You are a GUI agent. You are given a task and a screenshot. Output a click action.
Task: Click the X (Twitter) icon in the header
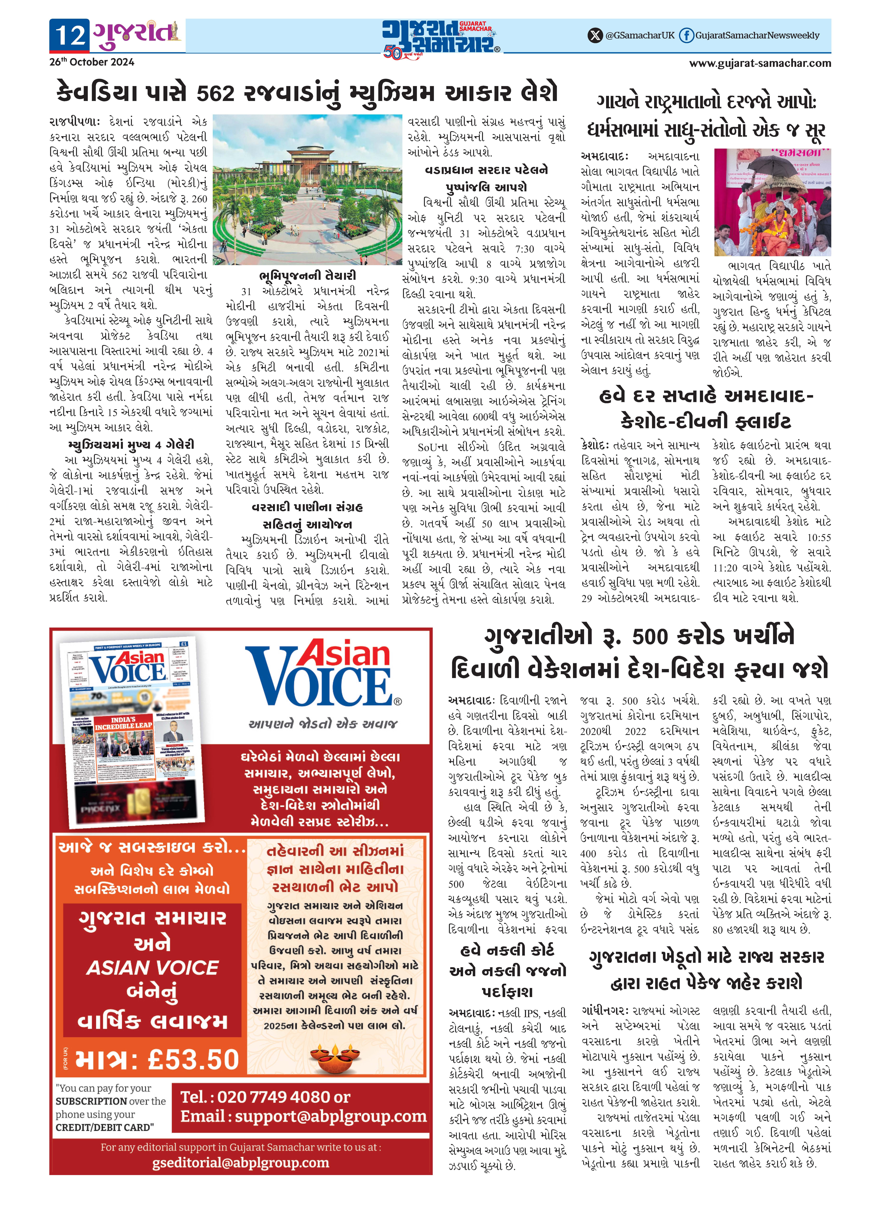(x=595, y=36)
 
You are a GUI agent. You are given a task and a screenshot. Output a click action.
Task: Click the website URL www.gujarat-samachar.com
(x=760, y=63)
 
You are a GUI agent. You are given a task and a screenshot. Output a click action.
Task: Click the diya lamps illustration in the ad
(x=336, y=1057)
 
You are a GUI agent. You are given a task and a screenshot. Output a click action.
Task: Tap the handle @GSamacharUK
(x=640, y=36)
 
